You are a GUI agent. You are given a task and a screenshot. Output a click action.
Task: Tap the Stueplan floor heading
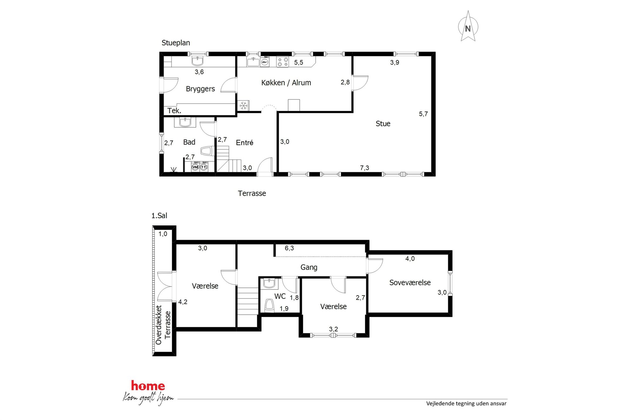(x=176, y=43)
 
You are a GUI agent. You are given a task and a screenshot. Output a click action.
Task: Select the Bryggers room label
(x=200, y=89)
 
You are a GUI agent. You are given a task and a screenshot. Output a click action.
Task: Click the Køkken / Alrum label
(x=286, y=83)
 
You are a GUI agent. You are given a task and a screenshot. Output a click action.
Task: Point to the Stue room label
(x=383, y=123)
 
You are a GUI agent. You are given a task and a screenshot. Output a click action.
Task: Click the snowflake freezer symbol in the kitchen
(x=244, y=105)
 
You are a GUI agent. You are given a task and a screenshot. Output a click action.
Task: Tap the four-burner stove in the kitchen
(x=282, y=62)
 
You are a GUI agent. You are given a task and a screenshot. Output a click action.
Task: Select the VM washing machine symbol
(x=195, y=167)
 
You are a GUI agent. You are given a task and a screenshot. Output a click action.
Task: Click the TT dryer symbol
(x=204, y=167)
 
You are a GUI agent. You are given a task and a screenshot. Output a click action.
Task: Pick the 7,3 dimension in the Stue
(x=365, y=168)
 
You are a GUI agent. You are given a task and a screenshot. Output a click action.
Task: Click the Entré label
(x=245, y=143)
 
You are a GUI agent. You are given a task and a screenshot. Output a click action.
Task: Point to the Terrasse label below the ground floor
(x=252, y=193)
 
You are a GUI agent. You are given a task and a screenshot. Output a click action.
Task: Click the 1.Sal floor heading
(x=159, y=216)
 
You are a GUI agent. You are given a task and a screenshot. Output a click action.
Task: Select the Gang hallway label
(x=309, y=267)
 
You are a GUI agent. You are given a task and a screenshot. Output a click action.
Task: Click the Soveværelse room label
(x=410, y=283)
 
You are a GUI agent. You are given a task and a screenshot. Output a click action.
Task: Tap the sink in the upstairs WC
(x=269, y=283)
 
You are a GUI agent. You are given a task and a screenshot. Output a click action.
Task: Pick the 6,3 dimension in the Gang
(x=289, y=248)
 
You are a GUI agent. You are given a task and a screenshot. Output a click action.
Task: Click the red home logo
(x=148, y=386)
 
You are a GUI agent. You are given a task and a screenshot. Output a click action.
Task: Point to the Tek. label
(x=174, y=110)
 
